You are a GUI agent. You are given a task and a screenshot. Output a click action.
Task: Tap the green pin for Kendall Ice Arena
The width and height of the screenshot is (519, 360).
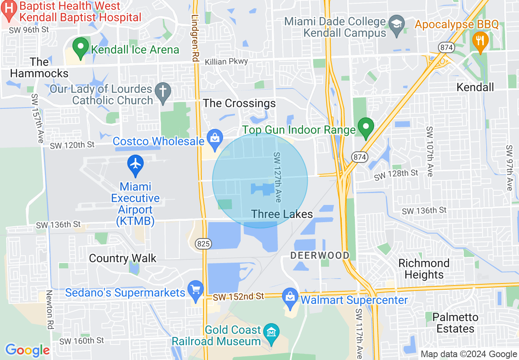pos(81,47)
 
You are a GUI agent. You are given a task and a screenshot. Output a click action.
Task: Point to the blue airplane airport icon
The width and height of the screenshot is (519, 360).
pos(135,163)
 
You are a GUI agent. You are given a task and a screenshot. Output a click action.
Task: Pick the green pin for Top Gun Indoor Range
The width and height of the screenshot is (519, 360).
pos(366,127)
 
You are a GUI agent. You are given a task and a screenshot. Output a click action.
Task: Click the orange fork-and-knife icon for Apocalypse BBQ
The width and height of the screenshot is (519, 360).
pos(480,41)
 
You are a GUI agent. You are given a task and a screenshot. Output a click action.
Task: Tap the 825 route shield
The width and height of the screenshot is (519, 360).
pos(204,244)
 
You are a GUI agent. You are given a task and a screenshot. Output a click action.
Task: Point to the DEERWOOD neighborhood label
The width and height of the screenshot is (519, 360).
pos(320,256)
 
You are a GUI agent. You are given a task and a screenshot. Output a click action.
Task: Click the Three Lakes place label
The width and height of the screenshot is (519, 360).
pos(282,214)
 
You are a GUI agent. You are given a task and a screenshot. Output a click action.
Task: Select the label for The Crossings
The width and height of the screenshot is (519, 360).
pos(239,103)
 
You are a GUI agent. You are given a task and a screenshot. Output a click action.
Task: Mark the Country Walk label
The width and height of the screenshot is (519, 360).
pos(122,258)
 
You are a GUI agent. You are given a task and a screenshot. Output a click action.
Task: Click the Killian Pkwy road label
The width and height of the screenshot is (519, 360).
pos(232,61)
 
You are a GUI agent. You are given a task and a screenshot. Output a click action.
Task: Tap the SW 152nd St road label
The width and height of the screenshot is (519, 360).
pos(239,296)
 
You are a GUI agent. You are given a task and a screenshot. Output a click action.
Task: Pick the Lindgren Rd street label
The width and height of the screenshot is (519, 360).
pos(195,39)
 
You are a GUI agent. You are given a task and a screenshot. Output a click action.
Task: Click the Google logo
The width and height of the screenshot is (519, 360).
pos(27,350)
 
